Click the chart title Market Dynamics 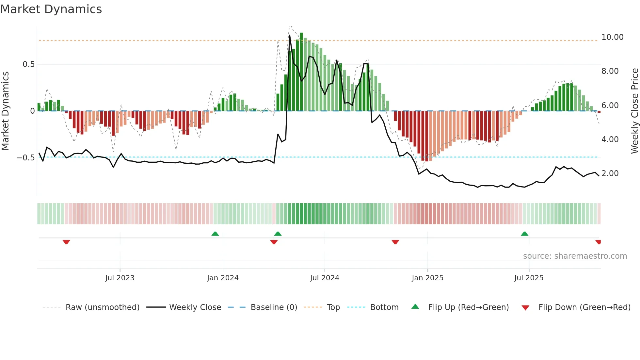51,9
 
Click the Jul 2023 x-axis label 120,278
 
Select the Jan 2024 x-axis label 223,278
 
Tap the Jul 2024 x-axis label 325,278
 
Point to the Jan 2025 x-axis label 427,278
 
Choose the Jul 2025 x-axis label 529,278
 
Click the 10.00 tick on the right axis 612,37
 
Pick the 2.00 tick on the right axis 610,173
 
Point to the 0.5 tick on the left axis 29,64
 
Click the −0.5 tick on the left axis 26,158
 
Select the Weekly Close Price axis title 634,111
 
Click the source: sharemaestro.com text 575,256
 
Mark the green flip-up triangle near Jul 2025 524,234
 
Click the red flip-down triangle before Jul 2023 66,242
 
